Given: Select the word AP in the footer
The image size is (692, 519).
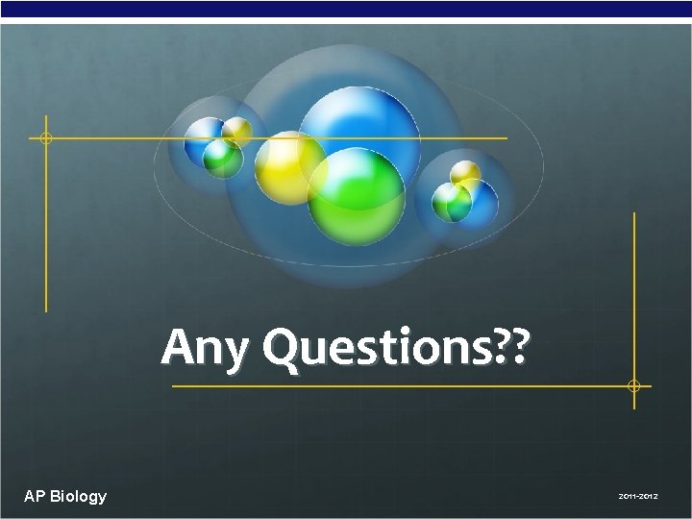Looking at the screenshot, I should pos(35,496).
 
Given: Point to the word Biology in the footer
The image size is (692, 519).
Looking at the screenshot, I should pos(79,497).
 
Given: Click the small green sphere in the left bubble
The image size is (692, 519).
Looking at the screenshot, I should pos(221,157).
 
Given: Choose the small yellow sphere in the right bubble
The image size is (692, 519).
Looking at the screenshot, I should pos(466,173).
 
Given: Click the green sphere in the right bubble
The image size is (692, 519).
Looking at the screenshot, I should pos(450,202).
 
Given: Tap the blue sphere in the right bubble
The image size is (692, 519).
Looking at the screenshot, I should pos(481,199).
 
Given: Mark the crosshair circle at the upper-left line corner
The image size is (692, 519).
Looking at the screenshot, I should pos(45,138).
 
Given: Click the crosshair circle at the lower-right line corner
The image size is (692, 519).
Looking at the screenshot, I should pos(633,385).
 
